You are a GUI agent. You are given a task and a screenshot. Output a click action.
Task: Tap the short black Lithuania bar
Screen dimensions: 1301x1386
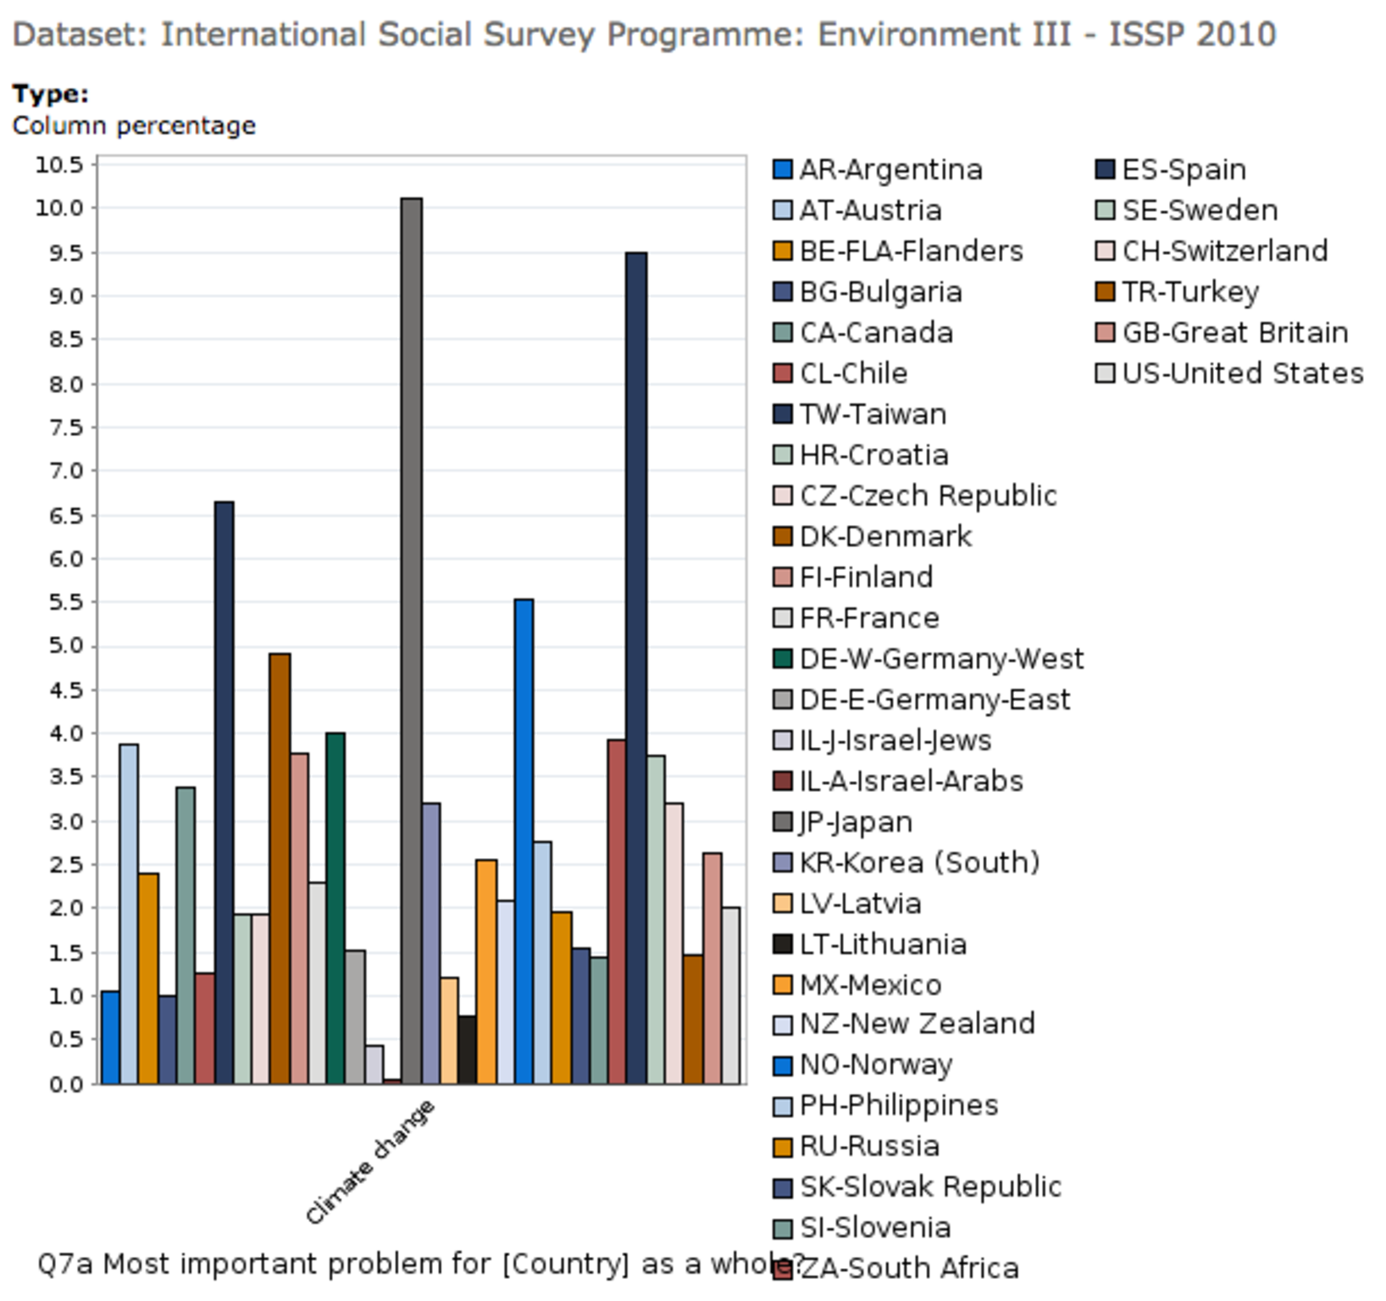[467, 1049]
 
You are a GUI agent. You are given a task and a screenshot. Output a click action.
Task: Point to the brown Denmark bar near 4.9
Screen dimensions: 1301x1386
[280, 868]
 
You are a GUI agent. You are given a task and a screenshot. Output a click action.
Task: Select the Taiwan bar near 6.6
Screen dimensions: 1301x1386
[224, 792]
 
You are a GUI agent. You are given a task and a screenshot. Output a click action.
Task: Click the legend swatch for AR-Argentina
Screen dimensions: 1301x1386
[783, 169]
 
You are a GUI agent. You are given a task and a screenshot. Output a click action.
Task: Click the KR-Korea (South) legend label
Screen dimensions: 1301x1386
[919, 862]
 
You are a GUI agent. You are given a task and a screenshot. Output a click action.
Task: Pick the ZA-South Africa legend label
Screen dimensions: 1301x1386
[909, 1268]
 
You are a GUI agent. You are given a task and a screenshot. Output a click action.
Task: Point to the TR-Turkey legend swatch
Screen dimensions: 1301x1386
[1105, 292]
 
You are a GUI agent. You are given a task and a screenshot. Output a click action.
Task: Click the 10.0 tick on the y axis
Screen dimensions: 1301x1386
[59, 208]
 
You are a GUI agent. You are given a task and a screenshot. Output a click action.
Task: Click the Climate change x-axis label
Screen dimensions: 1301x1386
[370, 1162]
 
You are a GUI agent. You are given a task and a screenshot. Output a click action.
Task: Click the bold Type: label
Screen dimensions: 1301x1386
[50, 94]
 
